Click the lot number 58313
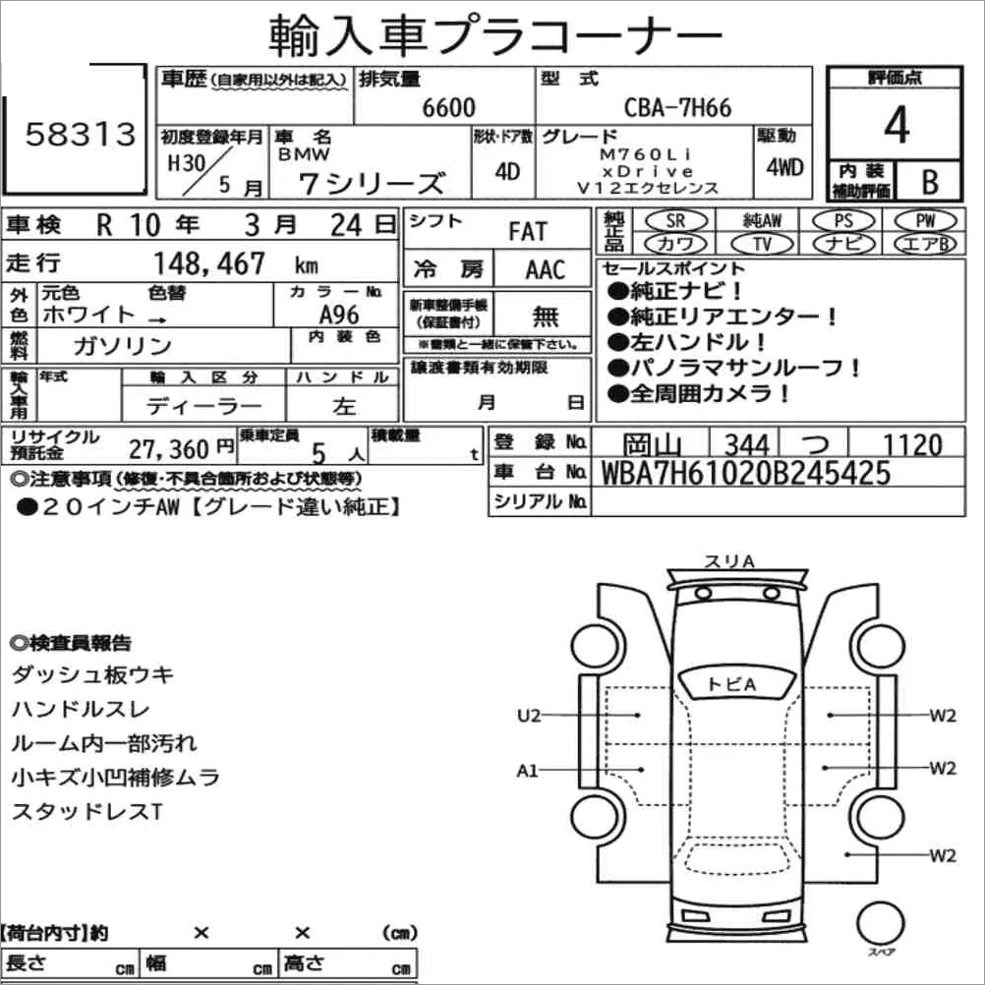(x=81, y=134)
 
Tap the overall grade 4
(x=897, y=125)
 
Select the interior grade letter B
(x=930, y=182)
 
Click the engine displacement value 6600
(x=448, y=107)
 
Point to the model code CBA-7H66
(x=677, y=107)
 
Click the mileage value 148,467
(x=209, y=263)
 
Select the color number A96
(x=339, y=315)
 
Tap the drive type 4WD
(x=784, y=167)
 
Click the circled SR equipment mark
(x=676, y=220)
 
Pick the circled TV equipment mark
(x=762, y=244)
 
